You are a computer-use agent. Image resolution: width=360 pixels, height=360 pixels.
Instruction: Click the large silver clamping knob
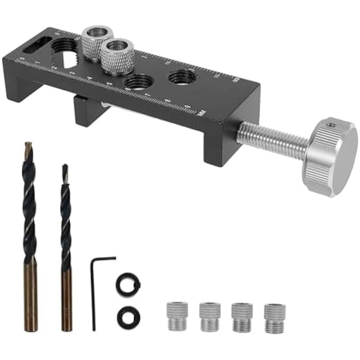[331, 157]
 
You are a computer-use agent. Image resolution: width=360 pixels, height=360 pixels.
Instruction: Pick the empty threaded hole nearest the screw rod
[182, 77]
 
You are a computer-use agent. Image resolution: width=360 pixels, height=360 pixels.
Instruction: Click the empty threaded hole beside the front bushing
[138, 82]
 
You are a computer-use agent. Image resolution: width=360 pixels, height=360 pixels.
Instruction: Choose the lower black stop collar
[128, 317]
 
